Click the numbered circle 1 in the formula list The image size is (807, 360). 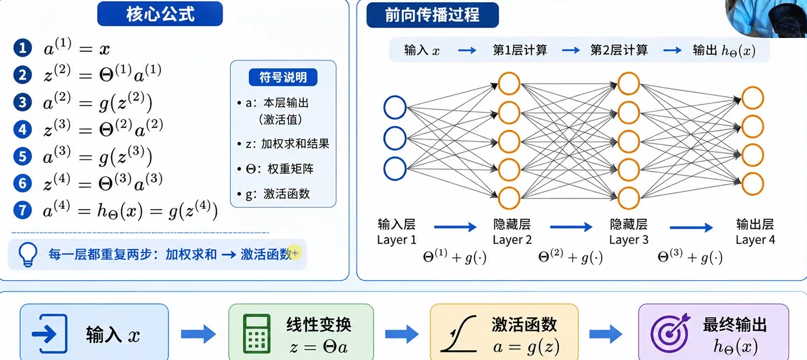[x=22, y=48]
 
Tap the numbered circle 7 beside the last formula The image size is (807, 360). [x=22, y=210]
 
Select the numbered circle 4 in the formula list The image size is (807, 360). [x=22, y=129]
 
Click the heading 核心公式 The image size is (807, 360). [x=160, y=14]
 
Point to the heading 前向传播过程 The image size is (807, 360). [x=432, y=15]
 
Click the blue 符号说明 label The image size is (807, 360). [x=283, y=77]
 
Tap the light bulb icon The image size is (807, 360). [x=28, y=254]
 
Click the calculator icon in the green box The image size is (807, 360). [x=257, y=333]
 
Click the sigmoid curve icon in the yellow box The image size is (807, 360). [x=459, y=334]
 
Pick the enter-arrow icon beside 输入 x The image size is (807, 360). [x=50, y=334]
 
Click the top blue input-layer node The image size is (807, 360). [x=395, y=107]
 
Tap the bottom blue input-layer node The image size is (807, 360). [x=395, y=169]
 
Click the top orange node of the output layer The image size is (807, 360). [x=753, y=98]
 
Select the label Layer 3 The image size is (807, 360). [x=628, y=240]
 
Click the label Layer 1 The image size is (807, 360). [x=396, y=240]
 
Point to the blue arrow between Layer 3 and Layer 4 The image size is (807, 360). [x=691, y=227]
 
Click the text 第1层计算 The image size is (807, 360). [x=520, y=50]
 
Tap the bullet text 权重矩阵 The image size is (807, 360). [x=291, y=169]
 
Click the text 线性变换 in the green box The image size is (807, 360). [x=319, y=324]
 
